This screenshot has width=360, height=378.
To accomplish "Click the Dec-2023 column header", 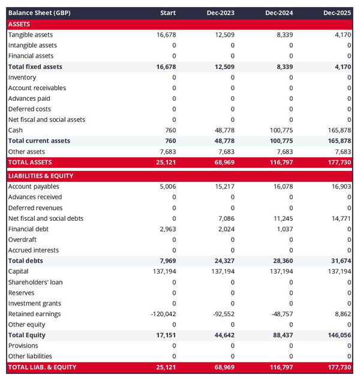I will tap(220, 13).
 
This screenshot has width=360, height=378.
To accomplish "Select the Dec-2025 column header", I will tap(337, 13).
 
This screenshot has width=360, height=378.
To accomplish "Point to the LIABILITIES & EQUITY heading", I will tap(41, 176).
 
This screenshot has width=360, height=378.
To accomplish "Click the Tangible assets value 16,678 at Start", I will tap(166, 35).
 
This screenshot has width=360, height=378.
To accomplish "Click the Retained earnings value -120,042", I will tap(161, 314).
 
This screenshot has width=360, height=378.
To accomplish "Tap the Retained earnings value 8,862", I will tap(341, 314).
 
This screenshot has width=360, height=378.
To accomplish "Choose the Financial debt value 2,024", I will tap(226, 229).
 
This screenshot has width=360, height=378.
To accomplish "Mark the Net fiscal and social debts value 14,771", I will tap(340, 218).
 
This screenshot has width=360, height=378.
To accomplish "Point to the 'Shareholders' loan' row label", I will tap(35, 282).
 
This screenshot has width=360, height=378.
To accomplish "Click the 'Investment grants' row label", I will tap(34, 304).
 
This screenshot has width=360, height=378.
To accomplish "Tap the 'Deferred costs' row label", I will tap(29, 109).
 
